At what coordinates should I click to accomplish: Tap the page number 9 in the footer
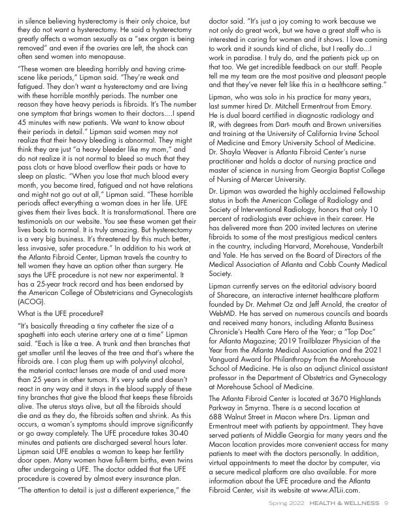coord(387,503)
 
